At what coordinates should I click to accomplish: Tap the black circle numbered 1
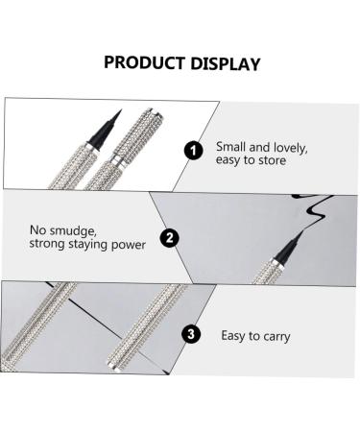[x=194, y=150]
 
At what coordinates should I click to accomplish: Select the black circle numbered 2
[x=169, y=238]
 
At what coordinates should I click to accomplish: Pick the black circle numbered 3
[x=192, y=335]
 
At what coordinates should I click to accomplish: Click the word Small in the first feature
[x=231, y=147]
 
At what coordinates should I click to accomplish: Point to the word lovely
[x=285, y=147]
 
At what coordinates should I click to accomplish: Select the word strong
[x=49, y=245]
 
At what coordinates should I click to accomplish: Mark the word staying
[x=93, y=245]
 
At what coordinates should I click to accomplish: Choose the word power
[x=132, y=245]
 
